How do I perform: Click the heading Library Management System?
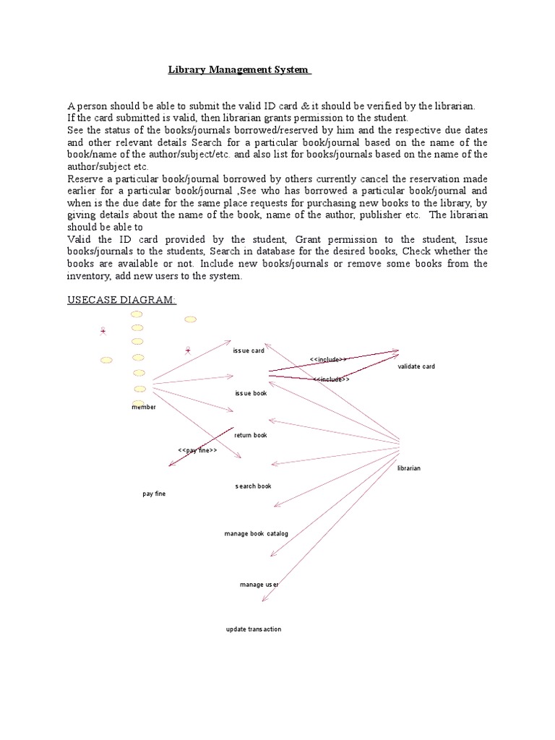238,70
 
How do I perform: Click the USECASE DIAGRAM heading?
121,299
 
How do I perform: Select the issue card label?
249,350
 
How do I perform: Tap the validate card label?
416,366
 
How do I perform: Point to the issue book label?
251,393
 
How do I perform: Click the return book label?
251,435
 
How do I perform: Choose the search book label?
253,486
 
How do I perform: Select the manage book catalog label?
256,533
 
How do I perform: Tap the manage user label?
259,584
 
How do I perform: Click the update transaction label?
253,629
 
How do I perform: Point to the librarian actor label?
409,468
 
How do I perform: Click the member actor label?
143,407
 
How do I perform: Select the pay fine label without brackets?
154,494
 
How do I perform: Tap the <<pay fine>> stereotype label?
197,450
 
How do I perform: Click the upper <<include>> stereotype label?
328,358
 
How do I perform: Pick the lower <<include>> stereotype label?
332,379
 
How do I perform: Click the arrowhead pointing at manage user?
271,555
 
